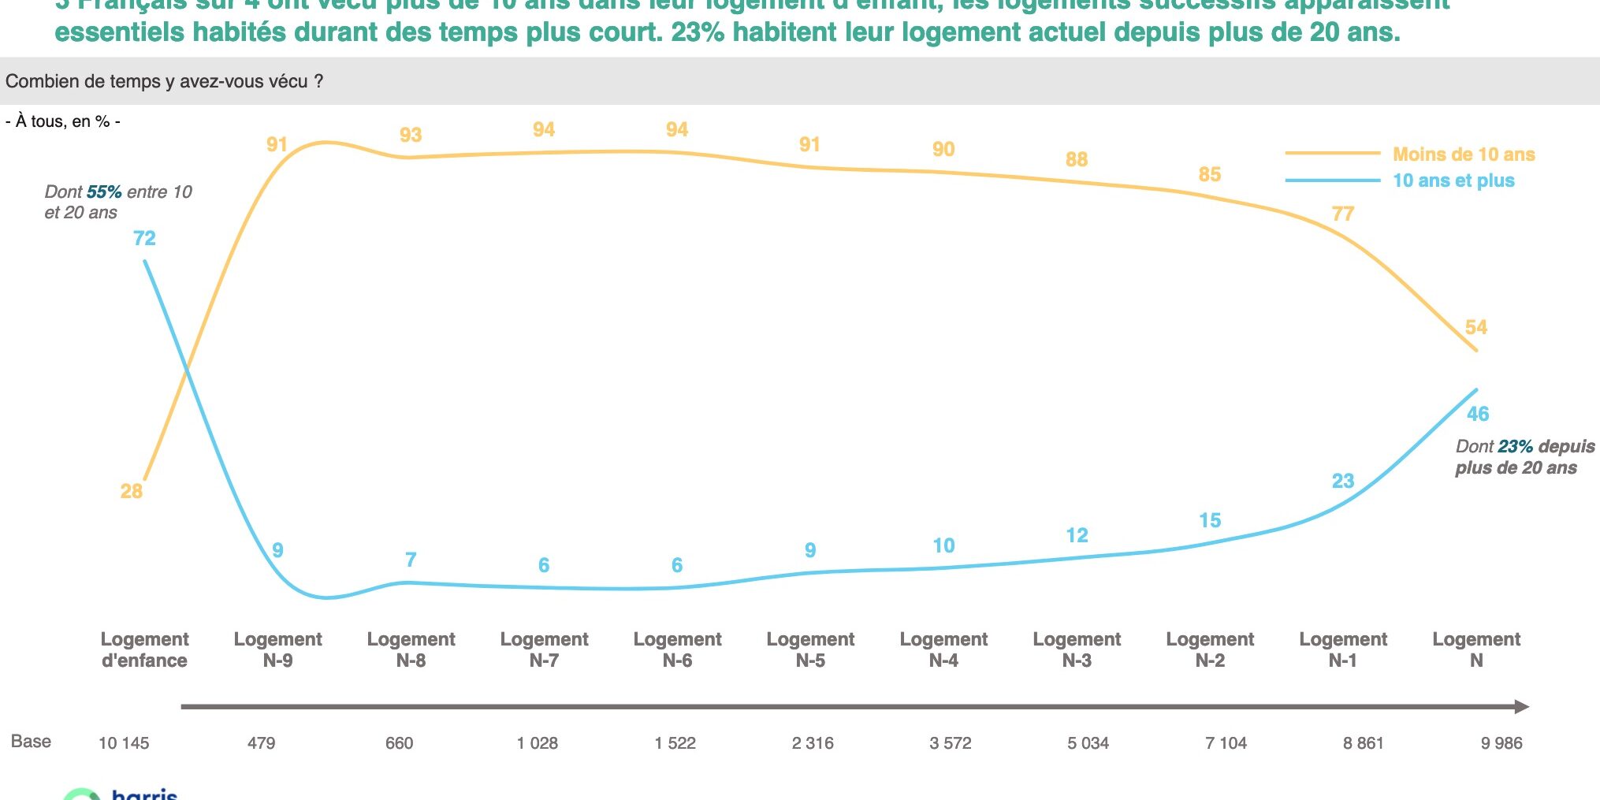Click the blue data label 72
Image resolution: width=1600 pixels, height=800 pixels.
144,238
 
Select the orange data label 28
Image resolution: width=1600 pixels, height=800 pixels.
131,491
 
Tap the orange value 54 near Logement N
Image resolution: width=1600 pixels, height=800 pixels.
1475,327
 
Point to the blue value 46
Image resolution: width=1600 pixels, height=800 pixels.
1477,414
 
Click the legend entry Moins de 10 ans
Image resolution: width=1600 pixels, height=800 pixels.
1463,154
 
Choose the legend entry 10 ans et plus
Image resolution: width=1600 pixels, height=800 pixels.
1453,180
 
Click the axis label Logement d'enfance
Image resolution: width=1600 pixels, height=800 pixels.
144,649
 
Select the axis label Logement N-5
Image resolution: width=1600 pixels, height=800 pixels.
810,649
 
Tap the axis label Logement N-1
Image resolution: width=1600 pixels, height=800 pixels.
1343,649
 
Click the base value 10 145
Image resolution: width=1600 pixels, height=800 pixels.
124,742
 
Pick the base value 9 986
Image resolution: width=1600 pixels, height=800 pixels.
1501,742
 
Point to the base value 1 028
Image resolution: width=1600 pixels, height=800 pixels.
538,742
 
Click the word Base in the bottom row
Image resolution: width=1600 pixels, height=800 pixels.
31,741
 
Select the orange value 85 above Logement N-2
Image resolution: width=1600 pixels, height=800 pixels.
1209,174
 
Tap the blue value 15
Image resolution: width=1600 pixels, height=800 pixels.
1210,520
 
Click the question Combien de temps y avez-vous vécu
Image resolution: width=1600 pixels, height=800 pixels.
164,81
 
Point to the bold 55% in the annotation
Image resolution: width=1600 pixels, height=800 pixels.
104,192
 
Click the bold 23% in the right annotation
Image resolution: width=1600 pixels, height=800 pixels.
1515,446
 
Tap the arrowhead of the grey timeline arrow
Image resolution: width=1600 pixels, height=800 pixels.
1521,707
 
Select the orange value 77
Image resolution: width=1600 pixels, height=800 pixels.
1342,214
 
